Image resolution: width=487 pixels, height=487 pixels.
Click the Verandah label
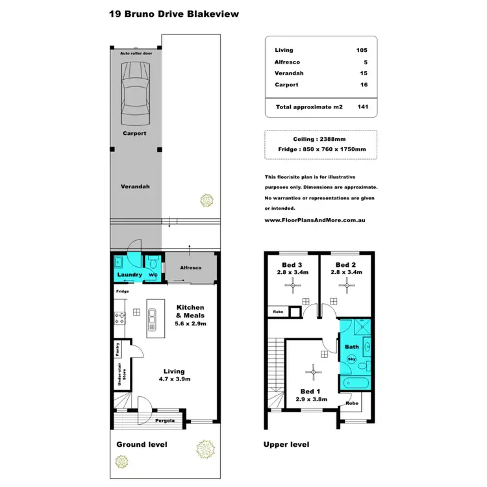(135, 186)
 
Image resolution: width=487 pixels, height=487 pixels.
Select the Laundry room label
(129, 275)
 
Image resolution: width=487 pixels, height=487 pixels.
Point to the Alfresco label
(190, 268)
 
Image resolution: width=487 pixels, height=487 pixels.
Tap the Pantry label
(118, 349)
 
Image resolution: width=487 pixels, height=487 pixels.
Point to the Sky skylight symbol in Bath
(352, 358)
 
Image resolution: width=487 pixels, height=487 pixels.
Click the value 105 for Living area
(362, 50)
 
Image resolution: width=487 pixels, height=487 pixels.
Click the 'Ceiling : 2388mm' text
(321, 138)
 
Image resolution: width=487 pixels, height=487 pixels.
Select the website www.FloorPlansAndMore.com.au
(315, 220)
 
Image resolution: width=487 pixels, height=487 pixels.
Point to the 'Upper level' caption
(286, 445)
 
